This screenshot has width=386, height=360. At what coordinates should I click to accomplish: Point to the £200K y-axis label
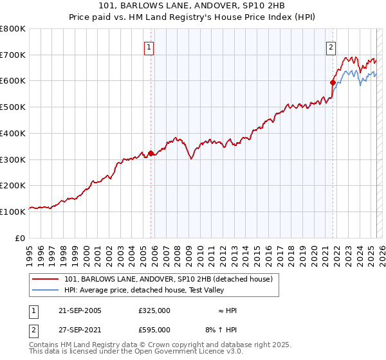pyautogui.click(x=13, y=185)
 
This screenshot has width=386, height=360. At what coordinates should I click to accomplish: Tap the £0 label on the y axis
pyautogui.click(x=21, y=238)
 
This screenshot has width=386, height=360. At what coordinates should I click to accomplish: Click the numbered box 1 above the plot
pyautogui.click(x=149, y=46)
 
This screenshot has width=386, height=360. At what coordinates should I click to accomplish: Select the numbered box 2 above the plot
pyautogui.click(x=331, y=46)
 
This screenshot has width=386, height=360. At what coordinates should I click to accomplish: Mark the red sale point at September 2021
pyautogui.click(x=333, y=82)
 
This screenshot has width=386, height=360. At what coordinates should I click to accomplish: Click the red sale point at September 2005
pyautogui.click(x=151, y=153)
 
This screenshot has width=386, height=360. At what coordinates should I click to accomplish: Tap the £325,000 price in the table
pyautogui.click(x=154, y=310)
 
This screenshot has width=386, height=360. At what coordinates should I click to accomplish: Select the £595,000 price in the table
pyautogui.click(x=154, y=330)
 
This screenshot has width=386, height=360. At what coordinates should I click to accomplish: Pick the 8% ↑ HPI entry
pyautogui.click(x=221, y=330)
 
